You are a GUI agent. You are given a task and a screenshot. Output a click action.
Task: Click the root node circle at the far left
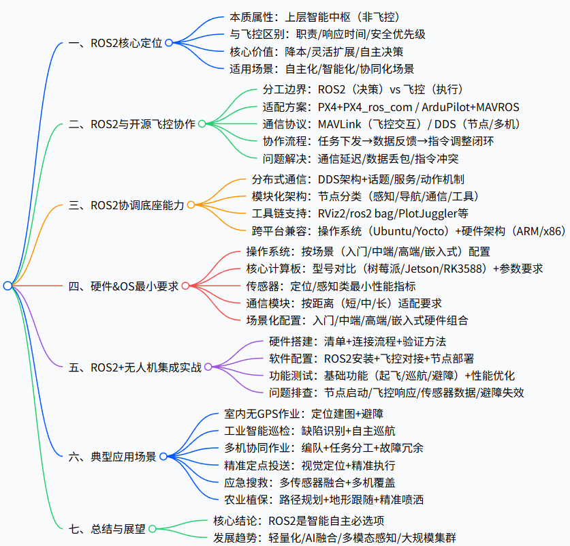(x=7, y=286)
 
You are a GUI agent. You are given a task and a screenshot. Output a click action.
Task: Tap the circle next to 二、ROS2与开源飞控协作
(x=202, y=124)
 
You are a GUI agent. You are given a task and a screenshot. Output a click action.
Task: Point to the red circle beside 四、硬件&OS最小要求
(x=185, y=286)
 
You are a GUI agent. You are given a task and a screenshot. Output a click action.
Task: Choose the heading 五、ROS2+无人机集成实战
(x=136, y=367)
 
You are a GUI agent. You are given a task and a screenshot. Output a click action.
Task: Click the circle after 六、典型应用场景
(x=163, y=456)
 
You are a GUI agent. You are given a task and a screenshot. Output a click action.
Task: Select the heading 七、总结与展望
(x=107, y=528)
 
